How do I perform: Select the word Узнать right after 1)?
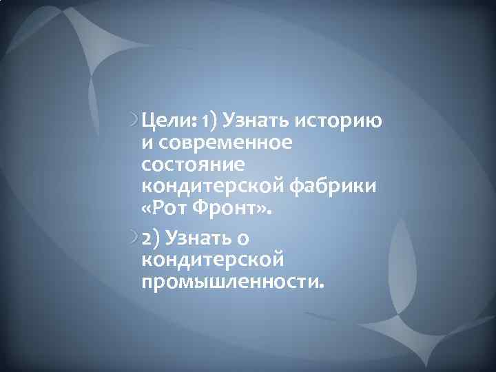click(x=256, y=122)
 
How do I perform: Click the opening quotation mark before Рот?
click(x=147, y=209)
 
